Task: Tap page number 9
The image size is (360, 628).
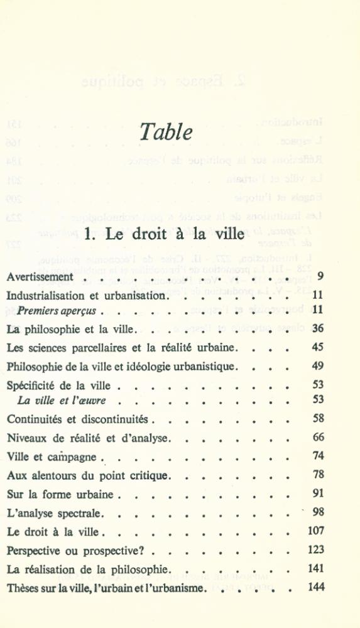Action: (320, 276)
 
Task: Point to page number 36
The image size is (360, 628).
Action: (317, 328)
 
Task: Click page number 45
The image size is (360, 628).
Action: (317, 347)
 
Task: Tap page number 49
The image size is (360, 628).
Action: (317, 365)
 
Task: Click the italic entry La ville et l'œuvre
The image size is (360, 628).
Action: (62, 400)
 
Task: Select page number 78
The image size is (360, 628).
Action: (317, 475)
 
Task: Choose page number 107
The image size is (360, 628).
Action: (315, 531)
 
